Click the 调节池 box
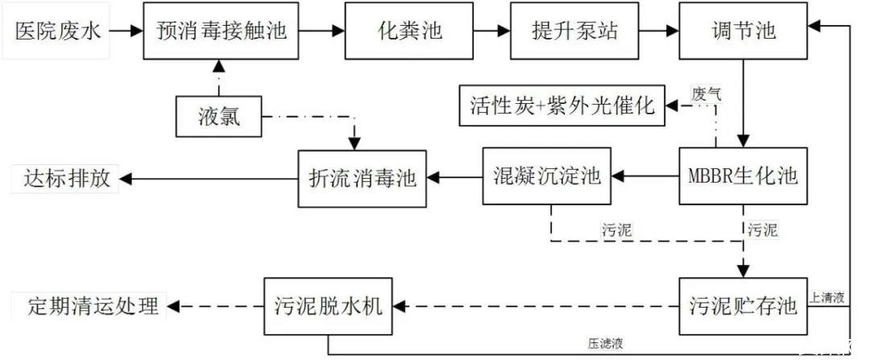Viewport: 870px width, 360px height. [x=742, y=31]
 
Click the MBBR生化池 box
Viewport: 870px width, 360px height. [x=742, y=175]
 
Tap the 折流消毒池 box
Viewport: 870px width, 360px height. [x=362, y=176]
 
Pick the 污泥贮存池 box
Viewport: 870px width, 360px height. [x=742, y=306]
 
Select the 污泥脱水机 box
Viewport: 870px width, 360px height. [x=329, y=306]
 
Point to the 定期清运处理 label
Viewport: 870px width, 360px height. [x=89, y=306]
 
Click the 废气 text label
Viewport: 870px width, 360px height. [x=706, y=93]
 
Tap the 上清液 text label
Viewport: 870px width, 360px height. [x=827, y=298]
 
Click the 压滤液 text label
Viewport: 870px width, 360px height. [x=605, y=342]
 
